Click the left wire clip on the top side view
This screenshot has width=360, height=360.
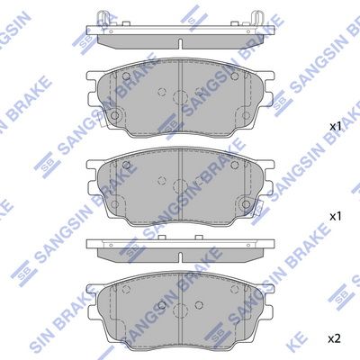pos(103,19)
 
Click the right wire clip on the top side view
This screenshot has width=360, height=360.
pos(257,19)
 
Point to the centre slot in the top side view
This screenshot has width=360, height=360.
pos(180,43)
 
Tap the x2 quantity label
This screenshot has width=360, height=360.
pos(334,339)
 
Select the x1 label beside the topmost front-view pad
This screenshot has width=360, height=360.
pos(336,126)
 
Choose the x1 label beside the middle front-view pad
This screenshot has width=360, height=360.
pos(336,216)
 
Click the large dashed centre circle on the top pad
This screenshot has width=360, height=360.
pos(180,97)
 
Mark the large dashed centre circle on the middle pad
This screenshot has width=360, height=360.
pos(180,186)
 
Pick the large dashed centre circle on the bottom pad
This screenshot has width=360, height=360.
pos(180,310)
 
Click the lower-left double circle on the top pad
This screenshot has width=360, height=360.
pos(114,115)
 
